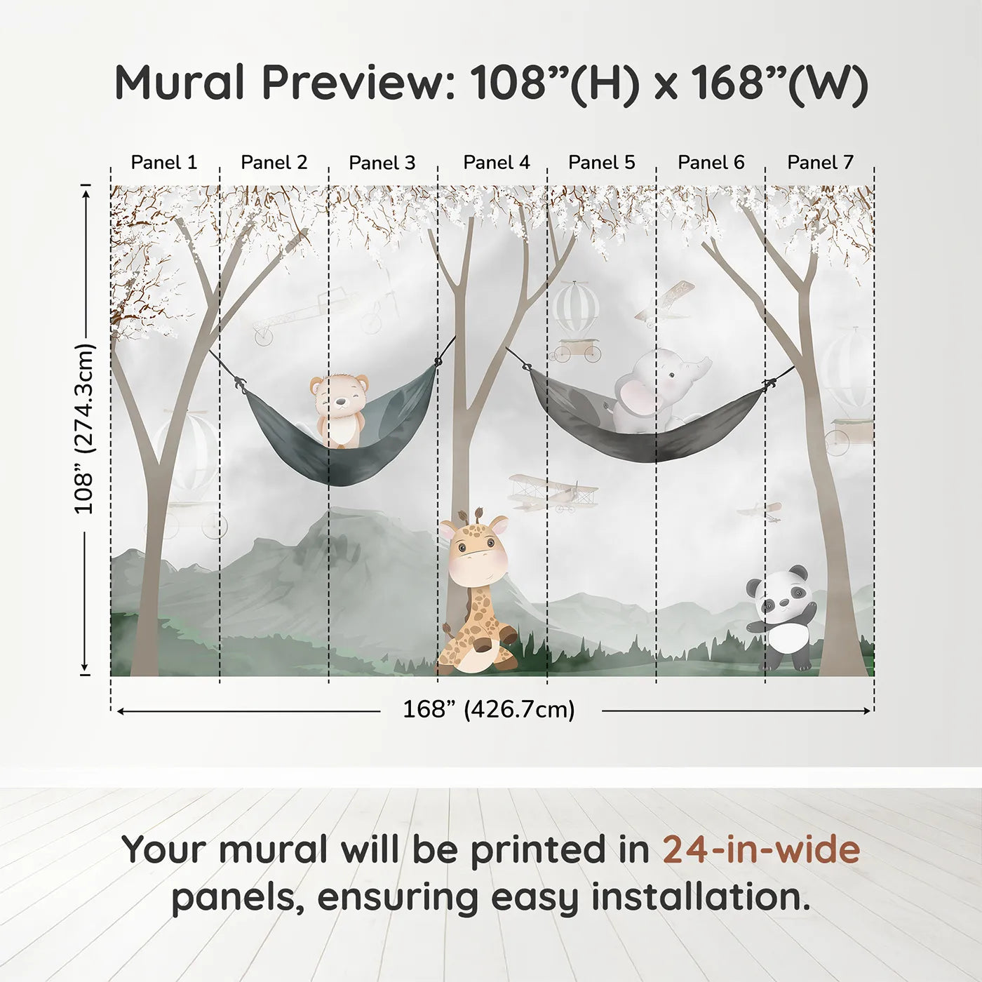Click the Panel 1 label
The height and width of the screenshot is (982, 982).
tap(164, 163)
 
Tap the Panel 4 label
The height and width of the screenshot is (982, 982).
tap(497, 163)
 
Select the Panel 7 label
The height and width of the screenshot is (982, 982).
tap(820, 163)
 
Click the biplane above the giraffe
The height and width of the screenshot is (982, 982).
tap(553, 492)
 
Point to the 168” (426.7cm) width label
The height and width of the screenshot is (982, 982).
tap(489, 710)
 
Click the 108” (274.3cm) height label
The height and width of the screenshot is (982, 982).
tap(84, 429)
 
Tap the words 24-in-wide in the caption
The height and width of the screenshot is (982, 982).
tap(761, 850)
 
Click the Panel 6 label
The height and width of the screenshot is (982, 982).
tap(711, 163)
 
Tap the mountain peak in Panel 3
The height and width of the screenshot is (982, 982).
tap(337, 516)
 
